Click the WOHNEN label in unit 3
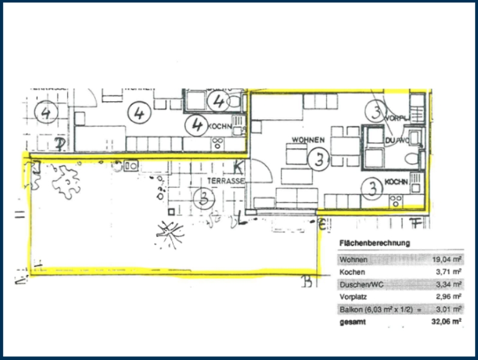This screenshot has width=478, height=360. coord(308,140)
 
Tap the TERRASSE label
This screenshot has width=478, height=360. coord(226,180)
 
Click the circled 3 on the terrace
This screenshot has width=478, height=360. coord(205,196)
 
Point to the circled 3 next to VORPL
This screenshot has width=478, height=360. coord(375,111)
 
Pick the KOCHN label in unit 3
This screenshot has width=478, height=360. coord(396,182)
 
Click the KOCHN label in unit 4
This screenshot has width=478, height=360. coord(219,127)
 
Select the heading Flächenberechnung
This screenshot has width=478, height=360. coord(375,243)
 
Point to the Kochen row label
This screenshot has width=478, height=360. coord(351,272)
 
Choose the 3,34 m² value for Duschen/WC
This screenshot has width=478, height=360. coord(447,284)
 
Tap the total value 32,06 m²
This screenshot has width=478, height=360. coord(446,322)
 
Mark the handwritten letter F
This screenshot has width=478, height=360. coord(413,224)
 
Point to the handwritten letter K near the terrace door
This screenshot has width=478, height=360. coord(239,167)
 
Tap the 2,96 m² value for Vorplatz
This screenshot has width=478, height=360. coord(447,296)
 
